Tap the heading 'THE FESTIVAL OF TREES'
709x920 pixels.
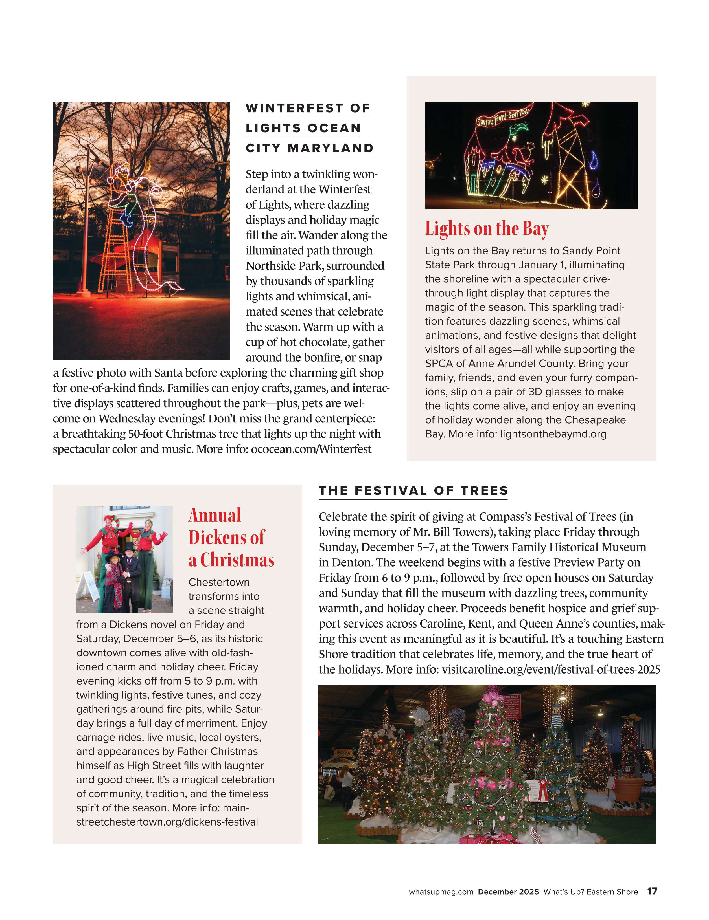point(413,491)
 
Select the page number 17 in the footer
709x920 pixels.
point(652,891)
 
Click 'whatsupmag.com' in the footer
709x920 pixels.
point(441,892)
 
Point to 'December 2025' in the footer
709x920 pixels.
point(508,892)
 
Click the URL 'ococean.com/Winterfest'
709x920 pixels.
point(311,450)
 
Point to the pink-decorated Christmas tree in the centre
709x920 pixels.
point(491,758)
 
